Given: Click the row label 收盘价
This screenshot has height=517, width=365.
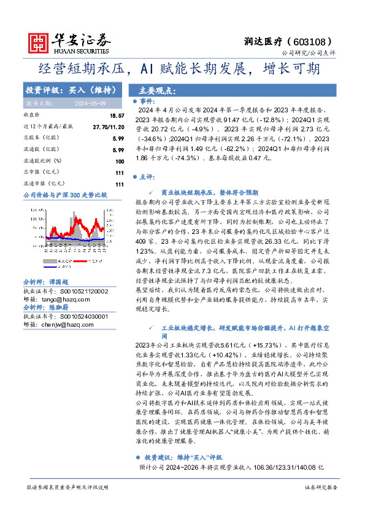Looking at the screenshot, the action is [x=32, y=115].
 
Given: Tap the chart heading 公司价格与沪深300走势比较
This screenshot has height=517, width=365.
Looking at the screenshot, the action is [x=65, y=195].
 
